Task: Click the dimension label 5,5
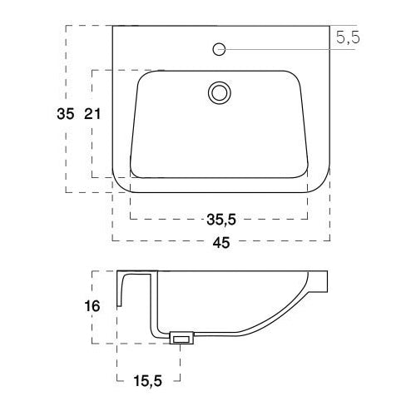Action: click(x=349, y=37)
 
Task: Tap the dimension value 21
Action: click(x=92, y=116)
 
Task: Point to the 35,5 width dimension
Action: click(x=220, y=220)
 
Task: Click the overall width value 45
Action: click(x=220, y=242)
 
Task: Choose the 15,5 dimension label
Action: click(x=146, y=381)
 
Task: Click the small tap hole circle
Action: click(x=220, y=49)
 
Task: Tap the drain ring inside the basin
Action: click(x=220, y=92)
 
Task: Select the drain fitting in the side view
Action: click(x=181, y=338)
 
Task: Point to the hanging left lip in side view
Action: click(x=121, y=291)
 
